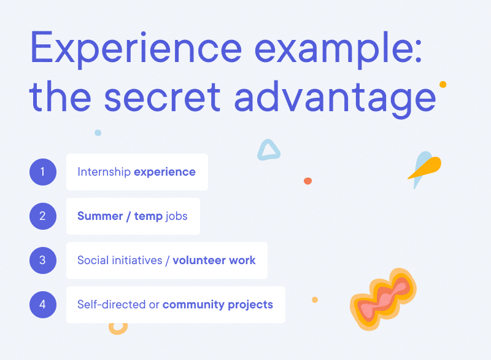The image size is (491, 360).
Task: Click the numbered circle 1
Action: tap(42, 172)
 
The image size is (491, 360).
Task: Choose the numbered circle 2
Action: tap(42, 216)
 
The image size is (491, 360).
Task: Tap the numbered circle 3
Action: tap(42, 260)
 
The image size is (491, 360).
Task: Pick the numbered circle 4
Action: tap(42, 305)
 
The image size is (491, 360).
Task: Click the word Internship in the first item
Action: tap(104, 172)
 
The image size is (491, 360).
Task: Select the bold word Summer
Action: tap(100, 216)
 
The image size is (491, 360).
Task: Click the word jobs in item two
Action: tap(177, 216)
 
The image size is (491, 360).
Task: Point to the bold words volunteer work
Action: tap(214, 260)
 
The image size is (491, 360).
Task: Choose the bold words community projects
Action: tap(218, 305)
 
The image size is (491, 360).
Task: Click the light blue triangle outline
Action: tap(268, 151)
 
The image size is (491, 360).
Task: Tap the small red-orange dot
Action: tap(307, 181)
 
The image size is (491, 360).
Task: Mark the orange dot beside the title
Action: tap(443, 84)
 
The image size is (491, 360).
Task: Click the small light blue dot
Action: tap(98, 133)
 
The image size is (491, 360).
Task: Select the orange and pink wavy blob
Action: tap(382, 302)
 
